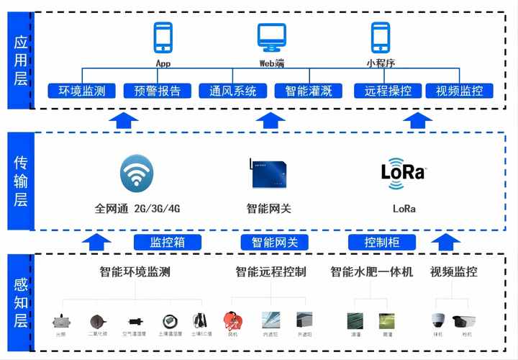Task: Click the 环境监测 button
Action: (x=81, y=91)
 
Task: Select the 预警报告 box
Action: (x=158, y=91)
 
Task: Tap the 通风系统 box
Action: (x=233, y=91)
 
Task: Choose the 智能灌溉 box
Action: (x=309, y=91)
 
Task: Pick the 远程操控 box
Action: (x=388, y=91)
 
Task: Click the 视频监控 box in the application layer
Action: (x=460, y=91)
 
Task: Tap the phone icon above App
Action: (x=163, y=37)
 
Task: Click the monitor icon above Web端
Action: (x=272, y=37)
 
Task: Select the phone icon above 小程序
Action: (x=380, y=37)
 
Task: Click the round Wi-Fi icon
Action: (x=137, y=173)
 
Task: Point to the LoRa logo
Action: (x=403, y=173)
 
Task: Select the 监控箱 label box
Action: (x=167, y=243)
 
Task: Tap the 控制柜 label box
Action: (x=382, y=243)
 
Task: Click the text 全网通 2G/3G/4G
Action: (x=137, y=209)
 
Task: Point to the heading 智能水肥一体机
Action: (x=371, y=272)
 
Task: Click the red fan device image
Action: (x=232, y=319)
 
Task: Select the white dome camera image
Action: (x=438, y=319)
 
